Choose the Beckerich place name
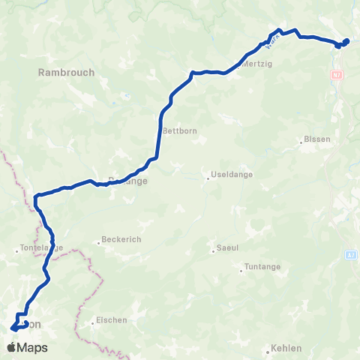[121, 241]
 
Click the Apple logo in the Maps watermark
[11, 347]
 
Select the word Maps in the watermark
[33, 347]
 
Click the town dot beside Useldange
[208, 178]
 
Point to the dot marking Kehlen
[268, 349]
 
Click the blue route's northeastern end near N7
[346, 41]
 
